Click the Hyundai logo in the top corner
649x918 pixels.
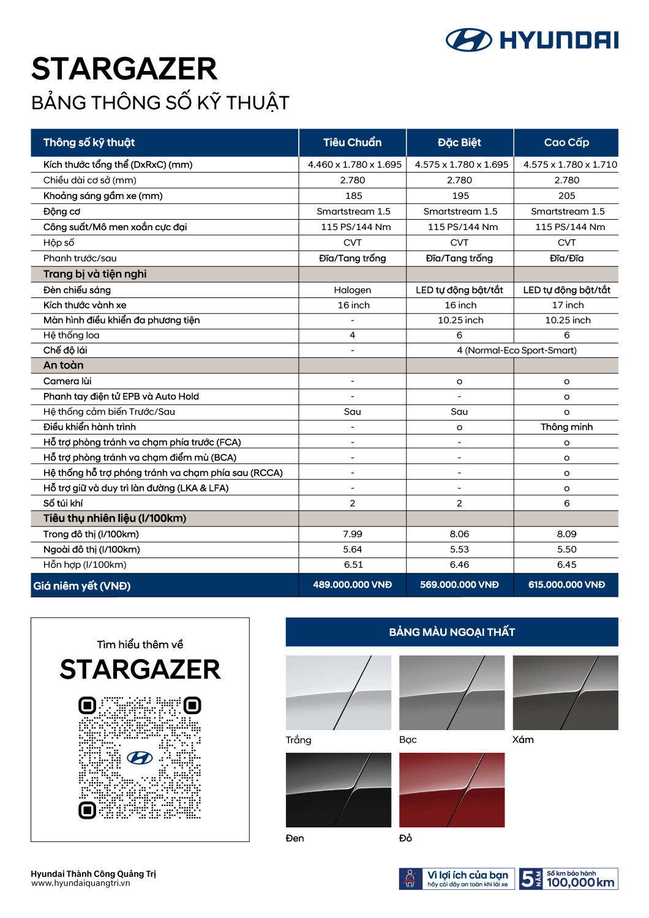531,40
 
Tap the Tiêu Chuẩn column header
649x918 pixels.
352,143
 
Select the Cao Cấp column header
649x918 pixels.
566,143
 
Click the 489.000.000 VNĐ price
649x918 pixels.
352,584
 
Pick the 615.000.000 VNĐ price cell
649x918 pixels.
566,584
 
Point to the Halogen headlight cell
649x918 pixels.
352,290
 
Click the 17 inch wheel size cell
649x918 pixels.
568,305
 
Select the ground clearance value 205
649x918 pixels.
566,196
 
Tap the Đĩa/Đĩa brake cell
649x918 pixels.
566,258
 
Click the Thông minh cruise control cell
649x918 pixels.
566,427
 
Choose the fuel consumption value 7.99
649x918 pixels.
352,534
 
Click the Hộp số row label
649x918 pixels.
59,242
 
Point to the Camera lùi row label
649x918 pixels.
67,381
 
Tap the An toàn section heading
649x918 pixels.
63,365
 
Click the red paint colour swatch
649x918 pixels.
452,790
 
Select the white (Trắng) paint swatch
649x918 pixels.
338,693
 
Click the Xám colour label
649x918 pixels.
523,739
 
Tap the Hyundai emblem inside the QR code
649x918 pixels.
140,758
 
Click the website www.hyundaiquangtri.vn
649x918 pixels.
80,883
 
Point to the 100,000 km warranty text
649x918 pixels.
580,882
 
